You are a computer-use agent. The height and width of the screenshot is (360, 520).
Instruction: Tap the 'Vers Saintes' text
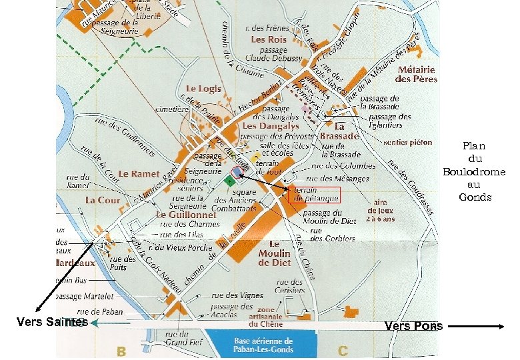point(52,322)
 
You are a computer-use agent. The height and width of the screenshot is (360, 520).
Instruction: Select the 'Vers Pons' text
point(413,326)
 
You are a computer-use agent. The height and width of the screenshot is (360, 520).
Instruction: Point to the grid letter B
point(121,350)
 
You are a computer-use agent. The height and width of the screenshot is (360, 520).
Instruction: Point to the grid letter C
point(343,350)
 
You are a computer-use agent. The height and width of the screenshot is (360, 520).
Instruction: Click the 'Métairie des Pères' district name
point(416,74)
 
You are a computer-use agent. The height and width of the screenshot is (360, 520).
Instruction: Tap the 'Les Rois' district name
point(269,39)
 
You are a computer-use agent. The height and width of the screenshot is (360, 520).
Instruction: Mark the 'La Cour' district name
point(103,200)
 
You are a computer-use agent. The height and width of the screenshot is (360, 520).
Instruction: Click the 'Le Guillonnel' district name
point(187,215)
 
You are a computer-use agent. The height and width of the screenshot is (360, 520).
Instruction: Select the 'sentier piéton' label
point(408,142)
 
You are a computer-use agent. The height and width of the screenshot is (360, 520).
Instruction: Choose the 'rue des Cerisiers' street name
point(288,286)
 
